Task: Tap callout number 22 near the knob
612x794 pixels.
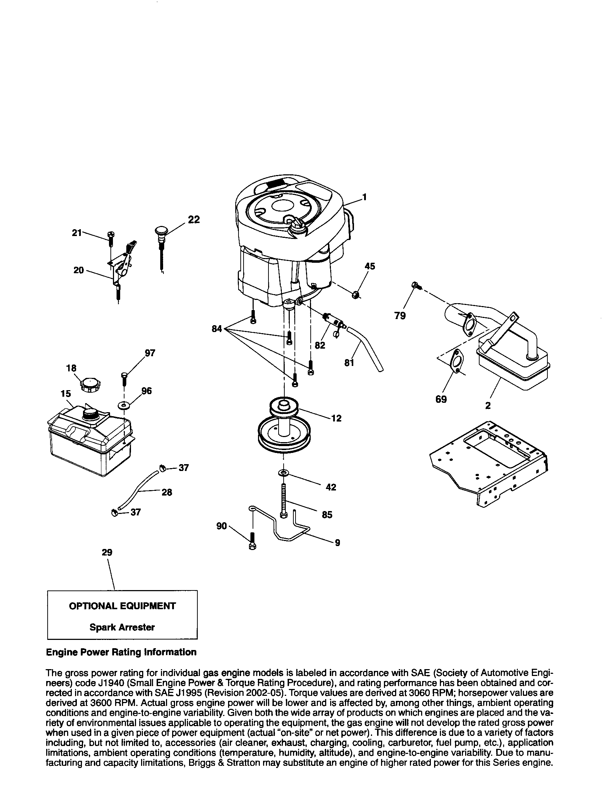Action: point(194,219)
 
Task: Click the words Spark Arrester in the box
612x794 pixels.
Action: point(122,627)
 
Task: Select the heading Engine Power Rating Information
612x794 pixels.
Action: point(121,652)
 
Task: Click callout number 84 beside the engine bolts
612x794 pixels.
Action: point(217,329)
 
